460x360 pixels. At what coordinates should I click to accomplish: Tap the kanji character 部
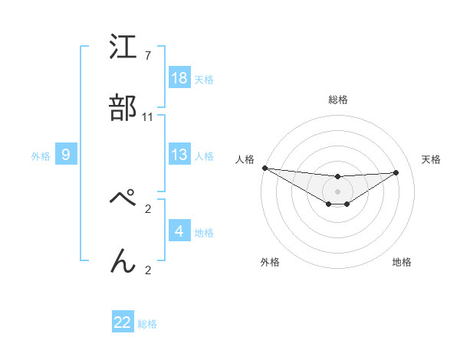123,110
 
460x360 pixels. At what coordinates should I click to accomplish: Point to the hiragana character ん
123,261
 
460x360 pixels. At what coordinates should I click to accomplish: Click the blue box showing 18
179,78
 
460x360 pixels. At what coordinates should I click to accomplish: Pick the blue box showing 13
179,155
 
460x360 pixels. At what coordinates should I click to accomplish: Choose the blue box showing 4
179,231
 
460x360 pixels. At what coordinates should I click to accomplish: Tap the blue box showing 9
66,155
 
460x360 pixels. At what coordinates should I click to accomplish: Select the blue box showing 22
123,322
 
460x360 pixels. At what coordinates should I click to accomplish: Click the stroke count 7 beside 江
147,55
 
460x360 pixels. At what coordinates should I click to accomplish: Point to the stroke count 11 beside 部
148,116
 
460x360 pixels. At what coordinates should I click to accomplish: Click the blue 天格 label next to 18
204,79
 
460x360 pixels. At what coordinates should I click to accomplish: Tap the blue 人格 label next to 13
204,155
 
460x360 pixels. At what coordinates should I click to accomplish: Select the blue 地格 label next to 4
204,232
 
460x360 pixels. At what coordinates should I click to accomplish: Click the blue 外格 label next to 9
41,155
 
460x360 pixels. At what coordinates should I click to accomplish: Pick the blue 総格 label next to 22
147,324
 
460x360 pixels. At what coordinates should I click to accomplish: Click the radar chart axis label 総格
338,100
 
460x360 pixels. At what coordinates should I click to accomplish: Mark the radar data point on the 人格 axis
264,168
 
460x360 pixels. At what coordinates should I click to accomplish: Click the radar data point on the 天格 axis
396,172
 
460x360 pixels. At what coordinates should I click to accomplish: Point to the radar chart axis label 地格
402,262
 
